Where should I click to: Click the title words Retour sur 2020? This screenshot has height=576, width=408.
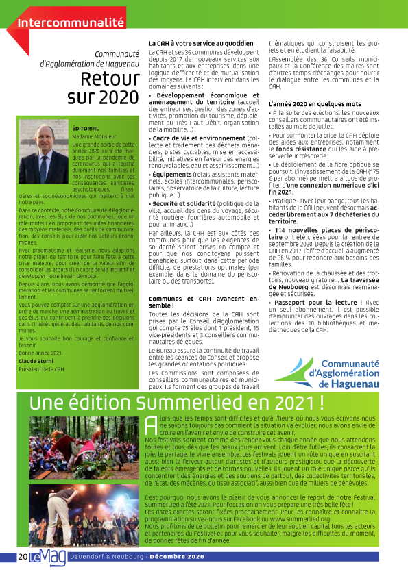pos(102,88)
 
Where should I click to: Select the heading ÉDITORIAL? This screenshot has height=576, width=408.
pos(86,128)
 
